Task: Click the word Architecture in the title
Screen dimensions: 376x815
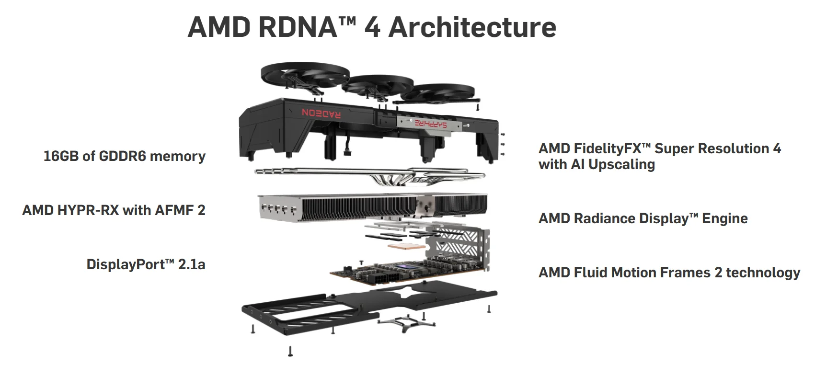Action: [472, 27]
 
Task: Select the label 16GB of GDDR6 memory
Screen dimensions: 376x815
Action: [124, 156]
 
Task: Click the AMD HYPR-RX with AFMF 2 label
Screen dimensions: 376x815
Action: [114, 210]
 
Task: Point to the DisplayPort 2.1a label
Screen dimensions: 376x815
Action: [146, 264]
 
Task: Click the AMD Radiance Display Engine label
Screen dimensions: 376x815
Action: [643, 219]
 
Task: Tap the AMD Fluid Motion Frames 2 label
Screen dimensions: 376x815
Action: [669, 273]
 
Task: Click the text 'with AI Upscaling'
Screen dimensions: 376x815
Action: [597, 165]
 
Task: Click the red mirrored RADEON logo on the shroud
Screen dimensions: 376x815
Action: [321, 113]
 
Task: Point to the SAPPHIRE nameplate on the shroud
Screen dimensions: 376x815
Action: [430, 124]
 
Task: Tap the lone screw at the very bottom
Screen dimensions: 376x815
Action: [290, 352]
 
